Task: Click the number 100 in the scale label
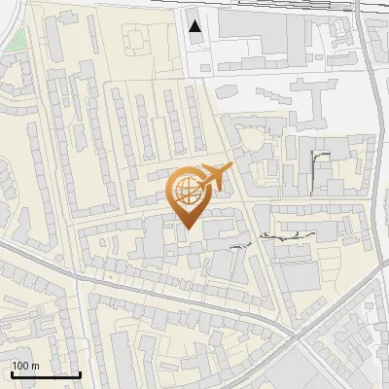[x=20, y=366]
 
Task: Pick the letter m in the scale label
[x=35, y=366]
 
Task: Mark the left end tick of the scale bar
[x=11, y=373]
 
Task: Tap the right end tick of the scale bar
[x=81, y=373]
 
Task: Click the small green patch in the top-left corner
[x=16, y=39]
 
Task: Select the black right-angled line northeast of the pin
[x=320, y=156]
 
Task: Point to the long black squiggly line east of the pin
[x=292, y=234]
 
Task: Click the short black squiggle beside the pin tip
[x=237, y=248]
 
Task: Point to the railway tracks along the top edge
[x=292, y=6]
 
